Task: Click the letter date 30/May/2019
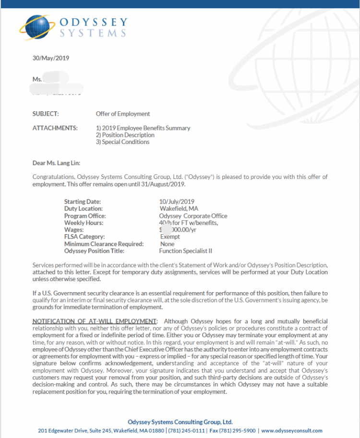click(51, 58)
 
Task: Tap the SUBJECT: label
click(46, 114)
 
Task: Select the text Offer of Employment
click(123, 114)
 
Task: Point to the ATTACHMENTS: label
click(55, 128)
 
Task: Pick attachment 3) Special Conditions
click(122, 142)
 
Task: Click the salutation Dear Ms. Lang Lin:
click(60, 163)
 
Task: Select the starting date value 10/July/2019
click(177, 202)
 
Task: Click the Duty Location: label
click(84, 209)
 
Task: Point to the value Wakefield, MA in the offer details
click(179, 209)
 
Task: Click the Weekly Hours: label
click(84, 223)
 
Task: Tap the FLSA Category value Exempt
click(170, 237)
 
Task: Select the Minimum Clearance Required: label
click(104, 244)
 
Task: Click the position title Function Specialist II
click(185, 251)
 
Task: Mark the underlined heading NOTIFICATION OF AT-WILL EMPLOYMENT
click(95, 321)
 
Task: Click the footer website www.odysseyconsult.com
click(291, 430)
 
